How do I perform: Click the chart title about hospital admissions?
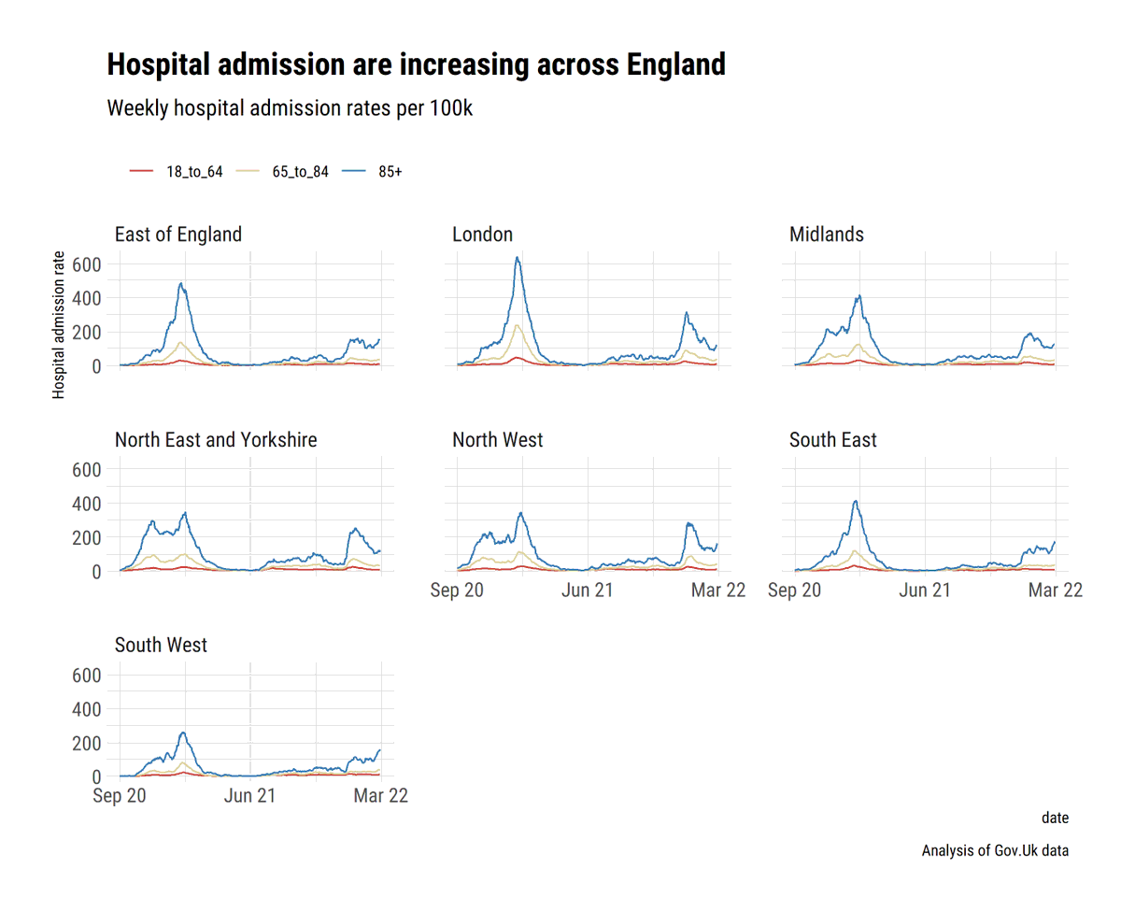[416, 65]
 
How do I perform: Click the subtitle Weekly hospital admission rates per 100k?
[290, 108]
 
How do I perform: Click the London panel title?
[482, 235]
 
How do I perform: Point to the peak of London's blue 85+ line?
[517, 258]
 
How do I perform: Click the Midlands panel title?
[826, 235]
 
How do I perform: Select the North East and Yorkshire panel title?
[215, 440]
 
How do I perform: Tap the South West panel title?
[161, 646]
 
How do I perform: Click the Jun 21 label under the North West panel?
[587, 591]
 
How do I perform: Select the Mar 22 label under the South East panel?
[1054, 591]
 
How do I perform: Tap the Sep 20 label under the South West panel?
[121, 796]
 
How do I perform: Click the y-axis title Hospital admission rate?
[60, 325]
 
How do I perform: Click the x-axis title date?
[1055, 818]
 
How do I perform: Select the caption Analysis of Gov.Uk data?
[995, 851]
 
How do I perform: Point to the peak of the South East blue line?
[855, 502]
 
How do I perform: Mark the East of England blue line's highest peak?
[181, 284]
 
